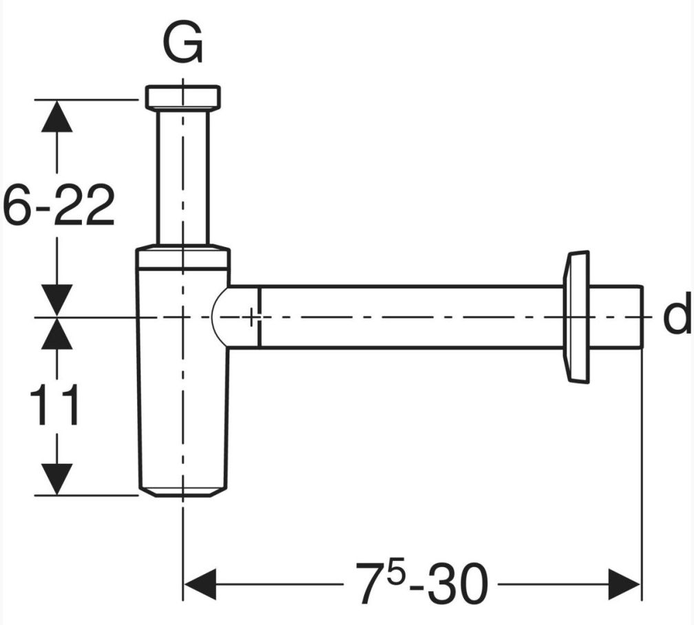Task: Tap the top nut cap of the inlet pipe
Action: (183, 96)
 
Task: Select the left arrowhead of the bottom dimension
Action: (200, 584)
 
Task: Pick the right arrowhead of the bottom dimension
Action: (625, 584)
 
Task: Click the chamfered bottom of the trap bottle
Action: (183, 491)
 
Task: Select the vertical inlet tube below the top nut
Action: (183, 176)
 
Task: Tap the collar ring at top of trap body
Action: (183, 256)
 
